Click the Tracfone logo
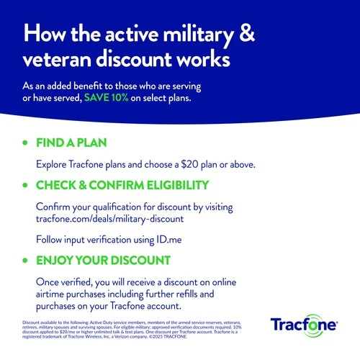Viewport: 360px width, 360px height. pyautogui.click(x=305, y=325)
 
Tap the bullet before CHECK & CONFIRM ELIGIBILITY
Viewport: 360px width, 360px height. pyautogui.click(x=27, y=186)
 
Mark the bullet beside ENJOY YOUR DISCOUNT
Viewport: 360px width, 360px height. pyautogui.click(x=27, y=260)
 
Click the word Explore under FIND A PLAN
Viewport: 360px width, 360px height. pyautogui.click(x=55, y=164)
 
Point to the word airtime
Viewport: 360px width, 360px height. pyautogui.click(x=54, y=294)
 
